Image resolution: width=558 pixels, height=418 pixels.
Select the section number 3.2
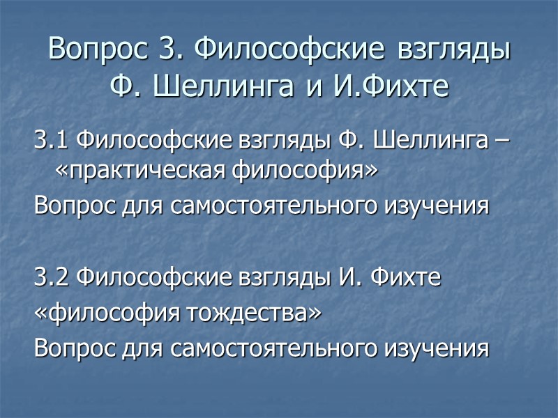tap(52, 279)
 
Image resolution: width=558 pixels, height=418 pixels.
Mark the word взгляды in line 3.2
tap(271, 279)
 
